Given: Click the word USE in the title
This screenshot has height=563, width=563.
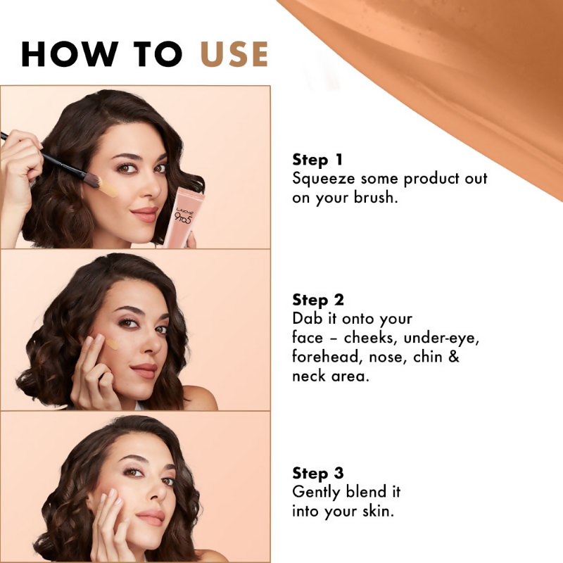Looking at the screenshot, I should pos(234,54).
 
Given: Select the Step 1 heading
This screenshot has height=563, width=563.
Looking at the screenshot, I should pos(317,160).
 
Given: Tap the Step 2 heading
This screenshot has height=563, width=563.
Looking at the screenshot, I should pos(318,301).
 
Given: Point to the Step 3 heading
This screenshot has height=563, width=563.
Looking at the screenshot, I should pos(318,473).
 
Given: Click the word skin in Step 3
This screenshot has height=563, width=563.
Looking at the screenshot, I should pos(379,510).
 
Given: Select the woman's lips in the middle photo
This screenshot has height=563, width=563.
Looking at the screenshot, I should pos(144,370).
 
